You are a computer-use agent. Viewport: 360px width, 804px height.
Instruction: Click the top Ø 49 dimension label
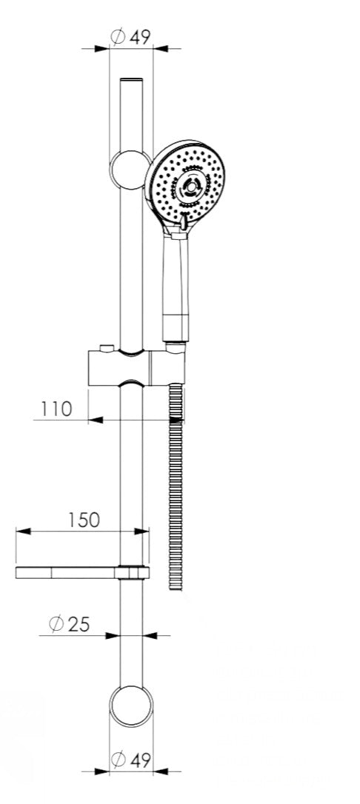131,37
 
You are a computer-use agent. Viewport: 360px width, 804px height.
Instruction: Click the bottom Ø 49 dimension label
131,759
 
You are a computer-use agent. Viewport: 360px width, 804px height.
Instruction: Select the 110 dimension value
56,409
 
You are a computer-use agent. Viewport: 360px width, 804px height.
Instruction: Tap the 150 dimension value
84,520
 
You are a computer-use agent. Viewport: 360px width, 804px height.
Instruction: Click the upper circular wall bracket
130,170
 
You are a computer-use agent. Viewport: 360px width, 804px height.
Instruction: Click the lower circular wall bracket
131,706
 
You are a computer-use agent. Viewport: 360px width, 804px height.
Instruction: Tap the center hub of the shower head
191,188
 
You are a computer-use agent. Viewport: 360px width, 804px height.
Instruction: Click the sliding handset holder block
136,368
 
